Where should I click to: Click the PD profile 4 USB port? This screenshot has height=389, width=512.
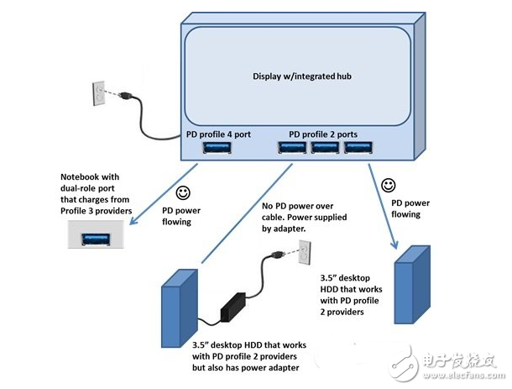click(x=216, y=149)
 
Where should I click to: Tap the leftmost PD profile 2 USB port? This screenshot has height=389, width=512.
click(x=292, y=149)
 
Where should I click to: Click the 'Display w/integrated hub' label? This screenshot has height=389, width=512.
click(x=301, y=76)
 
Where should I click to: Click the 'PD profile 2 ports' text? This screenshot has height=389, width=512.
click(x=322, y=134)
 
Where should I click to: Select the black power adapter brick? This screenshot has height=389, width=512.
click(x=232, y=308)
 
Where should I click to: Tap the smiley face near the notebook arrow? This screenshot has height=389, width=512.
click(x=182, y=191)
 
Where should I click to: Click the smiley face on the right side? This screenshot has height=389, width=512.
click(x=388, y=183)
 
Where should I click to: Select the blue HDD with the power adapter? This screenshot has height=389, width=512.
click(x=178, y=305)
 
